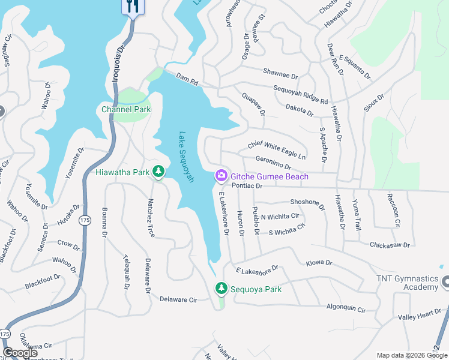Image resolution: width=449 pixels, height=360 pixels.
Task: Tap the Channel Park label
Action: [x=126, y=109]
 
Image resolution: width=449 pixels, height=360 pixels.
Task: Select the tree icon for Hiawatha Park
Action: [x=158, y=172]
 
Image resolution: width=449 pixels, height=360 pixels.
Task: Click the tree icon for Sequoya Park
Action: [x=221, y=289]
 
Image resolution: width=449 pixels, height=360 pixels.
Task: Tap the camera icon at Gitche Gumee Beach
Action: [x=221, y=176]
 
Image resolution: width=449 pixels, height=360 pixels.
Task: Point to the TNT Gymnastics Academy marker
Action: [x=445, y=281]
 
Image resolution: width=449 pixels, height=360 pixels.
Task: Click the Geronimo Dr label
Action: [x=273, y=163]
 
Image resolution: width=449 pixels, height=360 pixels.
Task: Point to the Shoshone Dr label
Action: [x=307, y=204]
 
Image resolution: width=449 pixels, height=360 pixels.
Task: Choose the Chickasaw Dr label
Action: [x=390, y=245]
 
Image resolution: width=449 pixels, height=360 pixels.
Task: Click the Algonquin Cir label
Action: [x=345, y=309]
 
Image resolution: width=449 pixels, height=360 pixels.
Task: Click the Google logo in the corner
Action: [x=20, y=353]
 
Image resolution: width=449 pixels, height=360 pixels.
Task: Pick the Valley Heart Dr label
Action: [x=419, y=316]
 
